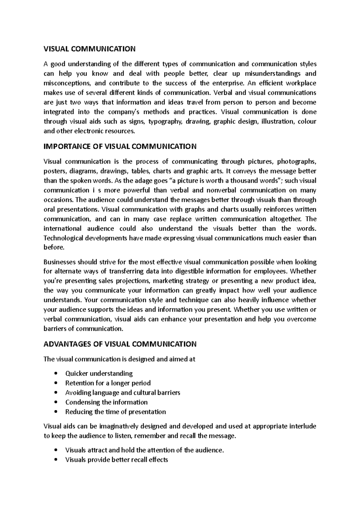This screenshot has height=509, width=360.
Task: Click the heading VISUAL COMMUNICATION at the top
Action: pos(89,49)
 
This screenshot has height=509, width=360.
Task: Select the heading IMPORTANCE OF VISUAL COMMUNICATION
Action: pos(120,147)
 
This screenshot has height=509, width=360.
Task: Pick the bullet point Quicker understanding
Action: pos(99,374)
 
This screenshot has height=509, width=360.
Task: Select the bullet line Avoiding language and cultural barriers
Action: pos(122,393)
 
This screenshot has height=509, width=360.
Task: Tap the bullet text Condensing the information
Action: pos(106,402)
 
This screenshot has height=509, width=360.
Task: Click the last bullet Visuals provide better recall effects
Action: pos(116,460)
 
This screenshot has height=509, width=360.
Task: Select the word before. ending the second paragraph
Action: pos(54,248)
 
